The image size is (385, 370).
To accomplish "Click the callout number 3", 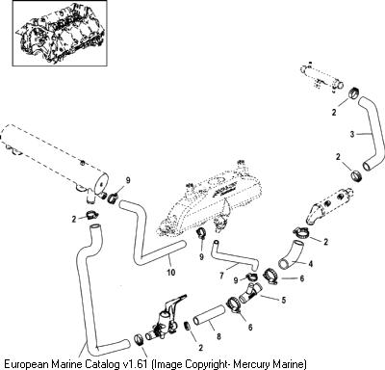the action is click(352, 134).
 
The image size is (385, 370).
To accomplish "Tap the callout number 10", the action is click(171, 272).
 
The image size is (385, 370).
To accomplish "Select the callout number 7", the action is click(221, 276).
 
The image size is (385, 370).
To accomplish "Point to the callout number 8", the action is click(218, 336).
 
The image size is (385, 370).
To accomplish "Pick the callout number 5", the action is click(284, 300).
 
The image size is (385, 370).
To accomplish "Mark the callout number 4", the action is click(310, 264).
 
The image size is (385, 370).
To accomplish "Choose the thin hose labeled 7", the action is click(233, 256).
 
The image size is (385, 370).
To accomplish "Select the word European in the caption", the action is click(25, 364).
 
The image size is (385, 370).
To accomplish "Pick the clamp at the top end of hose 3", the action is click(354, 92).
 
